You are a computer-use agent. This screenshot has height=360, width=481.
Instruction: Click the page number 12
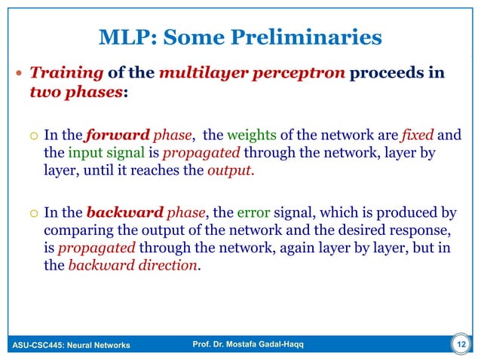pos(459,345)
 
